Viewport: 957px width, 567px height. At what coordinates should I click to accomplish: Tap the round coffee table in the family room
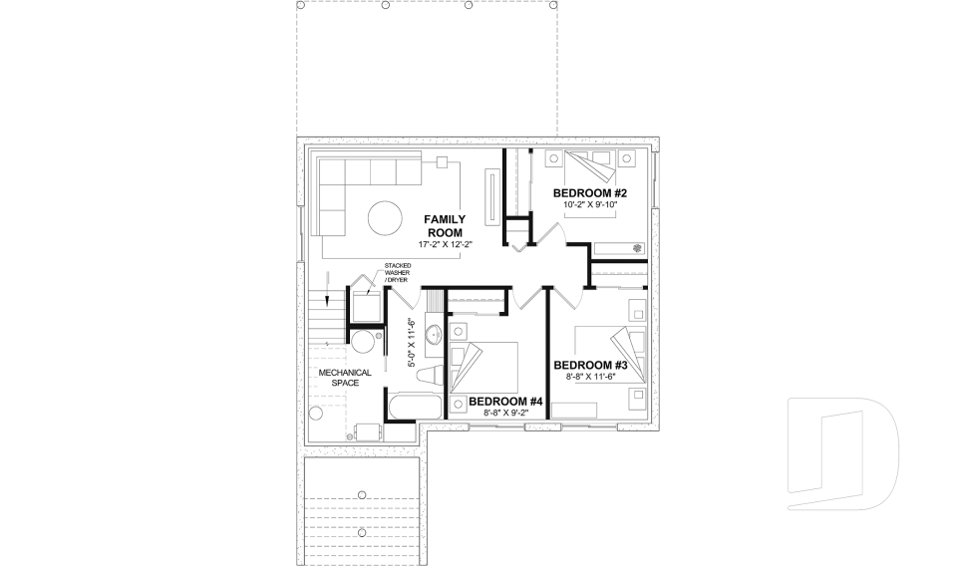384,216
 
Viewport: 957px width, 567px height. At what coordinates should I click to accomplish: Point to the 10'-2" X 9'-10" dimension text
590,204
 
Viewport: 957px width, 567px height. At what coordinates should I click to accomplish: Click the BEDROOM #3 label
589,364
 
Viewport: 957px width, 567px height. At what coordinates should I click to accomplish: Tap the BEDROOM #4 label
504,402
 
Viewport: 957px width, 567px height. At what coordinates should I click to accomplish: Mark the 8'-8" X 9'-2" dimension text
504,414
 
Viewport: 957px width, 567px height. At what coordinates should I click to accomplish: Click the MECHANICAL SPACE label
345,379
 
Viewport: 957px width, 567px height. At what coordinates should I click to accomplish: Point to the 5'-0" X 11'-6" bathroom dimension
413,343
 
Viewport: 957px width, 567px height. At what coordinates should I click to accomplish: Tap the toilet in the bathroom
429,373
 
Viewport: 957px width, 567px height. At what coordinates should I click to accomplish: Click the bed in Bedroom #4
483,366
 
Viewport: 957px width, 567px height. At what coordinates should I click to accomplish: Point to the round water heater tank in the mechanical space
363,344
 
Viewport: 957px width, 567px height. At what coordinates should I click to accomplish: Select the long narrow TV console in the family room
491,194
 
